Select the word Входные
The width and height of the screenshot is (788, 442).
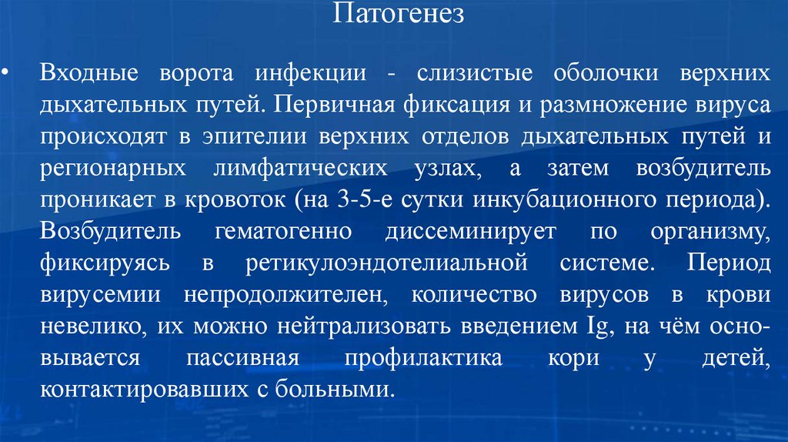pos(89,75)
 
